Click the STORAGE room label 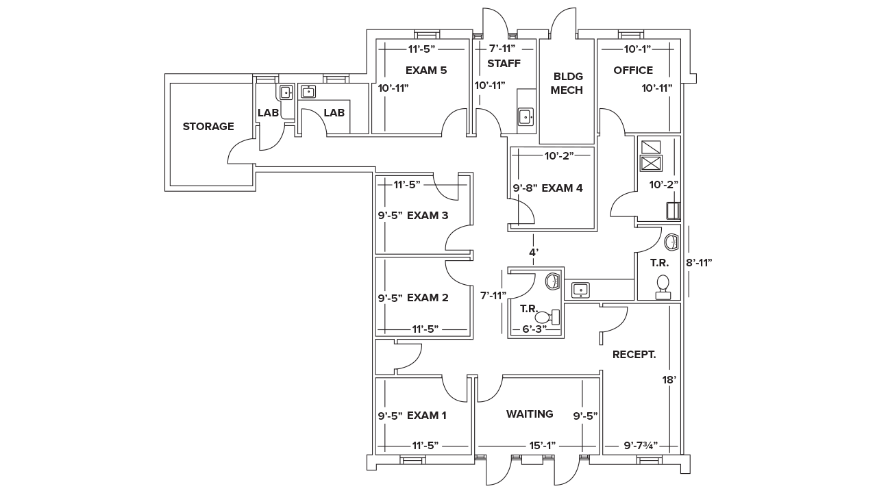tap(208, 127)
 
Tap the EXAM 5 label tap(426, 70)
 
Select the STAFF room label tap(504, 64)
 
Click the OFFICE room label tap(633, 70)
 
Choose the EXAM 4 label tap(562, 188)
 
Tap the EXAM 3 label tap(428, 215)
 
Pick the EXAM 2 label tap(428, 298)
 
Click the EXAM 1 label tap(427, 416)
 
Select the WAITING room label tap(530, 414)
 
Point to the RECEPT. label tap(634, 355)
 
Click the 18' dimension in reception tap(669, 379)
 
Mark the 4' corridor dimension tap(534, 253)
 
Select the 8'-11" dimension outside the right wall tap(699, 262)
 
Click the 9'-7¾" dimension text tap(641, 446)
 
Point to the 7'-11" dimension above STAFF tap(502, 49)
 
